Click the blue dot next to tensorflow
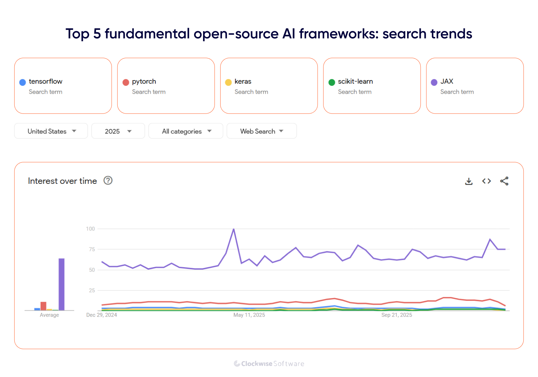[x=23, y=82]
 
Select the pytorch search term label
[x=144, y=82]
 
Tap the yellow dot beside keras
[x=228, y=82]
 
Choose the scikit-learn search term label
[x=355, y=82]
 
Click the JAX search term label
[x=447, y=82]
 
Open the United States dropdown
[x=51, y=131]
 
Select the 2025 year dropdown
[x=118, y=131]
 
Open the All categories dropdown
[x=186, y=131]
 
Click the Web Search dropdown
[x=261, y=131]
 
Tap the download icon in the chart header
[x=469, y=181]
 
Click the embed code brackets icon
[x=486, y=181]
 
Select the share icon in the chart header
[x=504, y=181]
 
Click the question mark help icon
[x=108, y=181]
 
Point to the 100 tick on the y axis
[x=90, y=229]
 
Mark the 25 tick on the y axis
[x=92, y=290]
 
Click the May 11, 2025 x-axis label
[x=249, y=315]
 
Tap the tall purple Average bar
[x=62, y=284]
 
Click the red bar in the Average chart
[x=43, y=306]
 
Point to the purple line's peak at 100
[x=233, y=229]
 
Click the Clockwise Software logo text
[x=269, y=364]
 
